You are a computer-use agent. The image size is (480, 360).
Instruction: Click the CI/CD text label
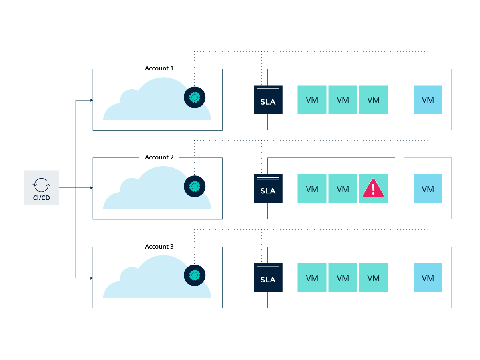[x=41, y=198]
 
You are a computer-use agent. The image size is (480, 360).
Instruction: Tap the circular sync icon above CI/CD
[x=41, y=185]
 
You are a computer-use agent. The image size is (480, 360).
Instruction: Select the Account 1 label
[x=159, y=68]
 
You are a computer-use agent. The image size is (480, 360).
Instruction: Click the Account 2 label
[x=159, y=157]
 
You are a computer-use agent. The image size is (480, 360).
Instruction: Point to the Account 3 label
[x=159, y=247]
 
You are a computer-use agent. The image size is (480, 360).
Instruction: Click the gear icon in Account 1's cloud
[x=194, y=97]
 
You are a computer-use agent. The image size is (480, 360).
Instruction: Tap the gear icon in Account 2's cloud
[x=194, y=187]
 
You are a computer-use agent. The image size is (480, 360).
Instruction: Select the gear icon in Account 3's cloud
[x=194, y=275]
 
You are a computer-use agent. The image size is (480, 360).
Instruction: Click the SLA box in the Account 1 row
[x=268, y=99]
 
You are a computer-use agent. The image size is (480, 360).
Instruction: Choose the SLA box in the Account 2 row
[x=268, y=189]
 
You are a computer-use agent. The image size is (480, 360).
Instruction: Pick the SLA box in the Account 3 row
[x=268, y=278]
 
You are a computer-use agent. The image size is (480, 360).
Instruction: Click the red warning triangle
[x=373, y=188]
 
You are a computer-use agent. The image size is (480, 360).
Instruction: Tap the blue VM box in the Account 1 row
[x=428, y=99]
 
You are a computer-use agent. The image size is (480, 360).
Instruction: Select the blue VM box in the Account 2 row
[x=428, y=189]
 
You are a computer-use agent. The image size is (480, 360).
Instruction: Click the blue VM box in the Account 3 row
[x=428, y=278]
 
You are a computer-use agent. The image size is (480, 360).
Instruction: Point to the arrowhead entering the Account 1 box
[x=92, y=100]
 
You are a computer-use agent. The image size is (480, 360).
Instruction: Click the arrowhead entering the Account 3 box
[x=92, y=278]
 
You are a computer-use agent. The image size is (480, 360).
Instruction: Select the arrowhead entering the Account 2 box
[x=92, y=188]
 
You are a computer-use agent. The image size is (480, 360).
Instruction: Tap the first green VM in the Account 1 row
[x=312, y=99]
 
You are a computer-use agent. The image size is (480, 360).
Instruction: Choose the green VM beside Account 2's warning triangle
[x=343, y=189]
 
